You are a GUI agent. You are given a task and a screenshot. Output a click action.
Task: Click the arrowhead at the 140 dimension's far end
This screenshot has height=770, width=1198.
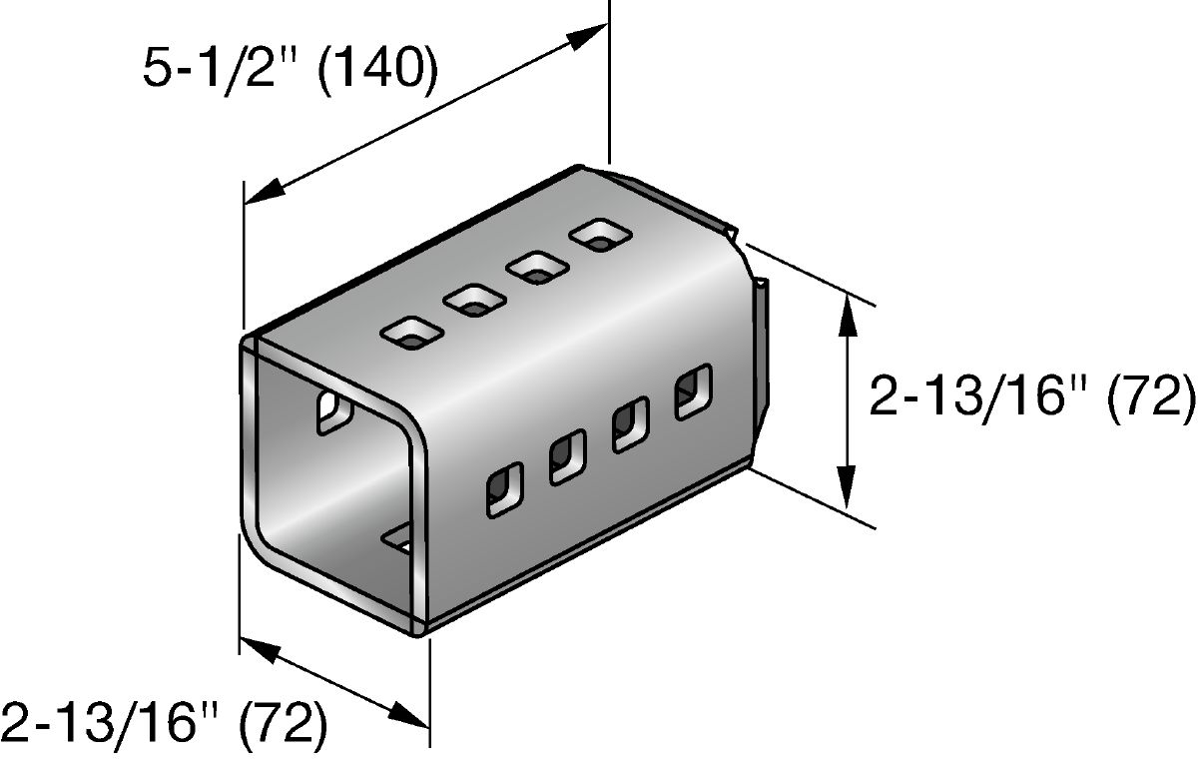click(x=589, y=37)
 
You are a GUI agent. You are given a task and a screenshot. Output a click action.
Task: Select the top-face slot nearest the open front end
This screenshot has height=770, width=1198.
click(x=408, y=332)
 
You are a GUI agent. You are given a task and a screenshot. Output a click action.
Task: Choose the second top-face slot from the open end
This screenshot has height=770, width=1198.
click(x=473, y=300)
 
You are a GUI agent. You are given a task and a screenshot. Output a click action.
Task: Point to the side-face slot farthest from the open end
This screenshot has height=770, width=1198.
click(x=689, y=392)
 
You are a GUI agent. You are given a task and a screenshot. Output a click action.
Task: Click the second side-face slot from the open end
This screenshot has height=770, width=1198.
click(x=566, y=456)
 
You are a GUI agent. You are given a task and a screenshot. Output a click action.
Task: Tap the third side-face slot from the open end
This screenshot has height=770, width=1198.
click(x=629, y=423)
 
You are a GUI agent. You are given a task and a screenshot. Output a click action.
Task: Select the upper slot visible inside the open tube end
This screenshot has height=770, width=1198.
click(x=330, y=412)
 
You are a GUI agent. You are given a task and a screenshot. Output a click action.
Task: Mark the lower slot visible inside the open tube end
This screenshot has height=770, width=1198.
click(x=399, y=538)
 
